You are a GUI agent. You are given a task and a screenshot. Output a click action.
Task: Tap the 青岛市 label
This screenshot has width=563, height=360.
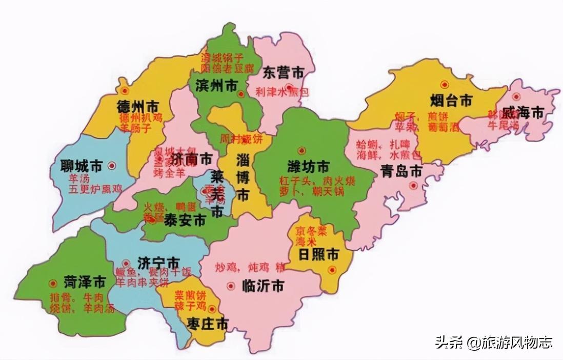(x=401, y=171)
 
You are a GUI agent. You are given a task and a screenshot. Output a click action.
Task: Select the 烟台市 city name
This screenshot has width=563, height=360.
(x=451, y=101)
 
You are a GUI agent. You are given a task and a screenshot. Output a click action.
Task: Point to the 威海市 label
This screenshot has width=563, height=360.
(x=522, y=112)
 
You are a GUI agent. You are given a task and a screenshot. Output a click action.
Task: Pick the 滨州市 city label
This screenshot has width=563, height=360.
(x=216, y=86)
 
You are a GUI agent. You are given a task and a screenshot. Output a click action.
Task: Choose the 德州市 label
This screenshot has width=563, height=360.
(x=137, y=107)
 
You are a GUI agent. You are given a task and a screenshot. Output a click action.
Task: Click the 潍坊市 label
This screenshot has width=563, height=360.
(x=309, y=167)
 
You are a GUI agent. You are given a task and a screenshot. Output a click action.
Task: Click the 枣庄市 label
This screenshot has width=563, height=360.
(x=207, y=324)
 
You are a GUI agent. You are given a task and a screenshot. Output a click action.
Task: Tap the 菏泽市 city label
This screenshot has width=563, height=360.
(x=85, y=282)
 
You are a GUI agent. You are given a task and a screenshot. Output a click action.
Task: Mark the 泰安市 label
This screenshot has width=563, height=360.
(x=185, y=221)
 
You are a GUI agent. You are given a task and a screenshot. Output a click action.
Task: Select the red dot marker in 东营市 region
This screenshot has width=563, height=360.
(x=290, y=87)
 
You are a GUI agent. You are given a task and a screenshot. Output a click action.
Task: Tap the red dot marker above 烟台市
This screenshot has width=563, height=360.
(x=444, y=84)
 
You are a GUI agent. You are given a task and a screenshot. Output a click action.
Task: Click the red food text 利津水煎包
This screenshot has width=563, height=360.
(x=283, y=92)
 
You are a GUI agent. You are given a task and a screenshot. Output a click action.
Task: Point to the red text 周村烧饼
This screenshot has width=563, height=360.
(x=241, y=139)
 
